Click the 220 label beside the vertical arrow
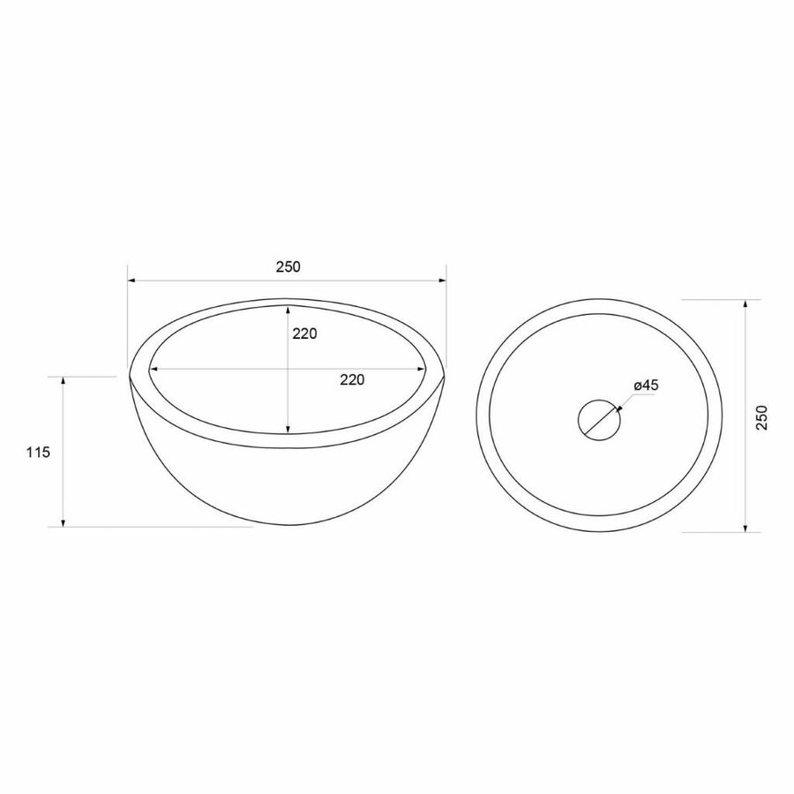point(303,333)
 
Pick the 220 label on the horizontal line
point(352,380)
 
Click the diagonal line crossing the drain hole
point(599,417)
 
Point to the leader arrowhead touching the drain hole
point(618,408)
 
